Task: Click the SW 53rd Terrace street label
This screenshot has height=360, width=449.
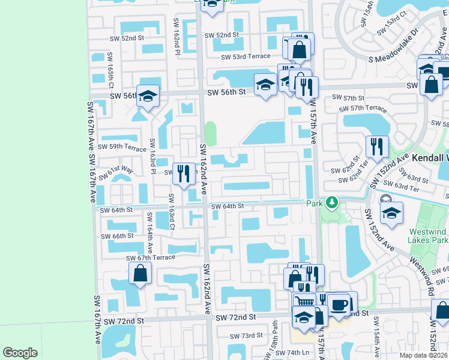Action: (246, 57)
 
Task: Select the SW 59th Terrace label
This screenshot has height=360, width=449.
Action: (122, 147)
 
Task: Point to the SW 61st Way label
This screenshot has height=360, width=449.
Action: (120, 170)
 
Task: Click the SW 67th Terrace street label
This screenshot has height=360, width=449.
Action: (151, 257)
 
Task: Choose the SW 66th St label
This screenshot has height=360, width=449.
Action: (117, 236)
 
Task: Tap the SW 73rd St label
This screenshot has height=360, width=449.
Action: (240, 335)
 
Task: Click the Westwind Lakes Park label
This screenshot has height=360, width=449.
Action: (429, 236)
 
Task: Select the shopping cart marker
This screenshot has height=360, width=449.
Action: (304, 302)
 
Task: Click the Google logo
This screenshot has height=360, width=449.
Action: (20, 353)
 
